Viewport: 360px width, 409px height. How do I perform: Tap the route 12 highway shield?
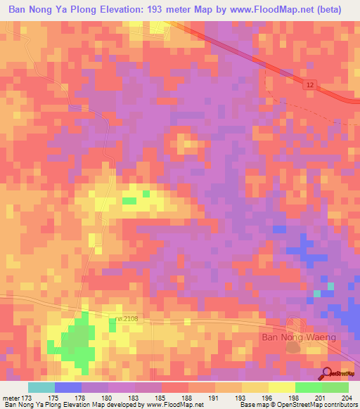coord(310,84)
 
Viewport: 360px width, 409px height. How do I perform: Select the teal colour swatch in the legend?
coord(41,387)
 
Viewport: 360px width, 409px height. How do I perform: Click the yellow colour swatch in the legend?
coord(281,387)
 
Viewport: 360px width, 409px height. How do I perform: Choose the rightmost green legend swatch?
coord(335,387)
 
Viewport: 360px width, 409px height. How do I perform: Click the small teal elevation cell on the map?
coord(317,293)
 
